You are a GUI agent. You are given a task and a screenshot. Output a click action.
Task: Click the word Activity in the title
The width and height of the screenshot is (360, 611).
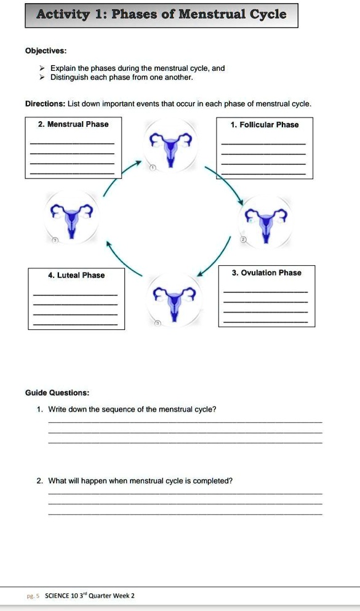pos(63,14)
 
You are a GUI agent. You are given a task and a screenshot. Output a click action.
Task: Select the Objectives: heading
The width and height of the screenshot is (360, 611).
pos(46,51)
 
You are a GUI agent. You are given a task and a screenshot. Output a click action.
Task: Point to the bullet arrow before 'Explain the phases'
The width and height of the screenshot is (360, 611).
pos(42,69)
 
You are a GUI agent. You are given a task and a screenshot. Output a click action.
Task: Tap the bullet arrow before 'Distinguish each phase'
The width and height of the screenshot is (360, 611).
pos(42,78)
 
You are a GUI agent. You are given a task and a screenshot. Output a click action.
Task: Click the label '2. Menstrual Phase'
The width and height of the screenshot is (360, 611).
pos(73,124)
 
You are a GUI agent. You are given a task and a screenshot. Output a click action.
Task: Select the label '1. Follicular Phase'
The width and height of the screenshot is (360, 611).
pos(265,125)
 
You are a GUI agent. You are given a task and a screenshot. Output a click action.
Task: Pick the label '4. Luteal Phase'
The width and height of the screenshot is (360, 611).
pos(76,275)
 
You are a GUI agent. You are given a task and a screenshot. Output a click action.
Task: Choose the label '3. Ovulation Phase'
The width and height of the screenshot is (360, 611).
pos(266,273)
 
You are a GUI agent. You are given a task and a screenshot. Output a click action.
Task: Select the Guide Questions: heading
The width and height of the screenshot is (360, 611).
pos(57,393)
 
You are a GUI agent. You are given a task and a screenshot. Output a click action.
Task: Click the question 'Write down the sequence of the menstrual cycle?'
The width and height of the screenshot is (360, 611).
pos(132,409)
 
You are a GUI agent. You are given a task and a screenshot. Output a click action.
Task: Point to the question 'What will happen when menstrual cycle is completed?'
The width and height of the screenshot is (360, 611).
pos(140,481)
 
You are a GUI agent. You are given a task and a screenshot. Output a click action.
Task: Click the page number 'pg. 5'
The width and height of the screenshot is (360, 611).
pos(33,596)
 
